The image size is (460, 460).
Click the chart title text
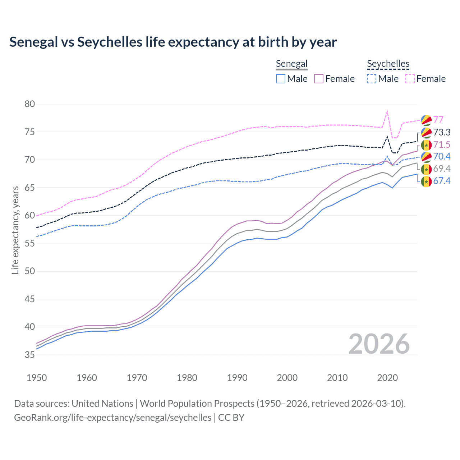173,42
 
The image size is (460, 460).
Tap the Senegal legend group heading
291,64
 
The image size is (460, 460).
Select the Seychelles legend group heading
388,64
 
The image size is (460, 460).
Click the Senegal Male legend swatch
281,79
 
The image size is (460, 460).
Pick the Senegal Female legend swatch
319,79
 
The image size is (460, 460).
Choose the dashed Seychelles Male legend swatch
372,79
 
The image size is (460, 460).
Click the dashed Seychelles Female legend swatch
410,79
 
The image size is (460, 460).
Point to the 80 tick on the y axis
30,104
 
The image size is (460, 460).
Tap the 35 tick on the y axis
30,355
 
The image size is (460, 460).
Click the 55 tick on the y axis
30,243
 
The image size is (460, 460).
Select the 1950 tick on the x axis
37,378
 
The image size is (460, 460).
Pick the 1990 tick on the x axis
237,378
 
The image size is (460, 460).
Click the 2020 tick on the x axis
387,378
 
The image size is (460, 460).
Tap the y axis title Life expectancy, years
15,230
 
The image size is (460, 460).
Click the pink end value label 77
438,120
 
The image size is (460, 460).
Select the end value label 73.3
442,132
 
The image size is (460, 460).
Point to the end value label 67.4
442,181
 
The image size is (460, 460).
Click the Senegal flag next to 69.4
426,169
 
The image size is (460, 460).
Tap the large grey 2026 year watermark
379,344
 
